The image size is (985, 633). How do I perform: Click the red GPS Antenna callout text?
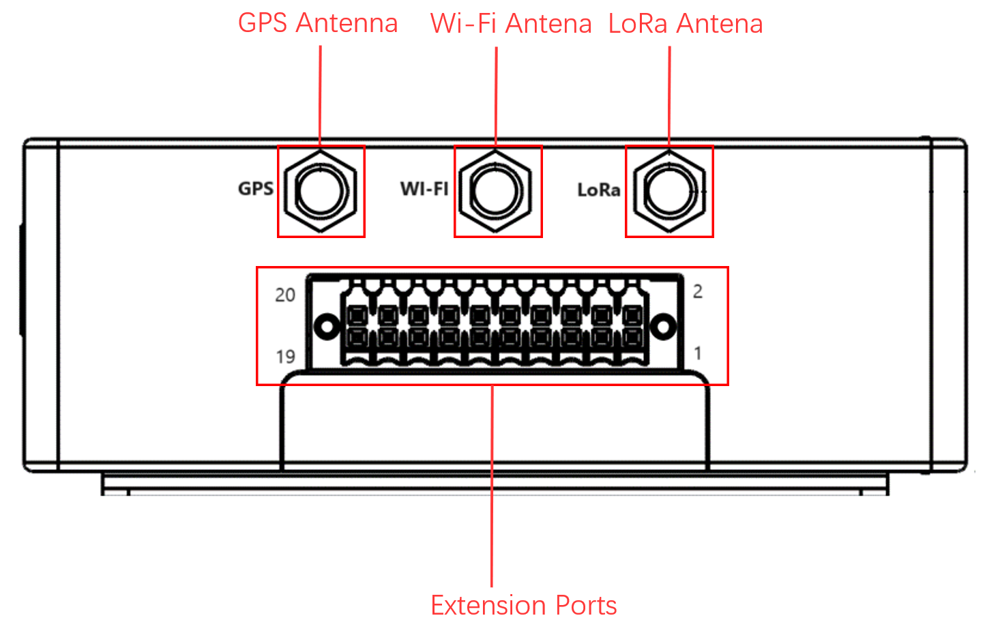pyautogui.click(x=318, y=23)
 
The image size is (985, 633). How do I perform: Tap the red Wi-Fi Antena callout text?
pyautogui.click(x=511, y=24)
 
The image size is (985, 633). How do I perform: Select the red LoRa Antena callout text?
pyautogui.click(x=686, y=24)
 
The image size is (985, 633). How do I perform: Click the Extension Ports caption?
pyautogui.click(x=524, y=605)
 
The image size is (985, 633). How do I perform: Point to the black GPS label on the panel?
pyautogui.click(x=256, y=189)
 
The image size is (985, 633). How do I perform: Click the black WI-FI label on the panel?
pyautogui.click(x=424, y=189)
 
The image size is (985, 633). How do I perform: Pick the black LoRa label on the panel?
pyautogui.click(x=599, y=190)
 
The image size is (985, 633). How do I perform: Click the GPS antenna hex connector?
pyautogui.click(x=321, y=191)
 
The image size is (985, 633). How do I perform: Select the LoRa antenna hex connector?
pyautogui.click(x=669, y=191)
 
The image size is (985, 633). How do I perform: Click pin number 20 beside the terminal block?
pyautogui.click(x=285, y=295)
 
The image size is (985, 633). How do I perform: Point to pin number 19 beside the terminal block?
pyautogui.click(x=285, y=356)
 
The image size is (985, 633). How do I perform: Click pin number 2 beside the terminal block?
pyautogui.click(x=698, y=291)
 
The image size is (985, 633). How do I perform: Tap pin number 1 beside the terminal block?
pyautogui.click(x=698, y=353)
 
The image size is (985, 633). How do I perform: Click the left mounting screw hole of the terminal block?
pyautogui.click(x=328, y=327)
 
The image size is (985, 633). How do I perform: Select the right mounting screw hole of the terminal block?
pyautogui.click(x=662, y=327)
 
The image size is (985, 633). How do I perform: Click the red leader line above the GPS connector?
pyautogui.click(x=320, y=95)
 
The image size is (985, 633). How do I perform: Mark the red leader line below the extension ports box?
pyautogui.click(x=492, y=484)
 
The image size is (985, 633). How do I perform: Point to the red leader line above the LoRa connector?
pyautogui.click(x=669, y=95)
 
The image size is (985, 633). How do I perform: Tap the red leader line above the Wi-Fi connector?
pyautogui.click(x=496, y=95)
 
